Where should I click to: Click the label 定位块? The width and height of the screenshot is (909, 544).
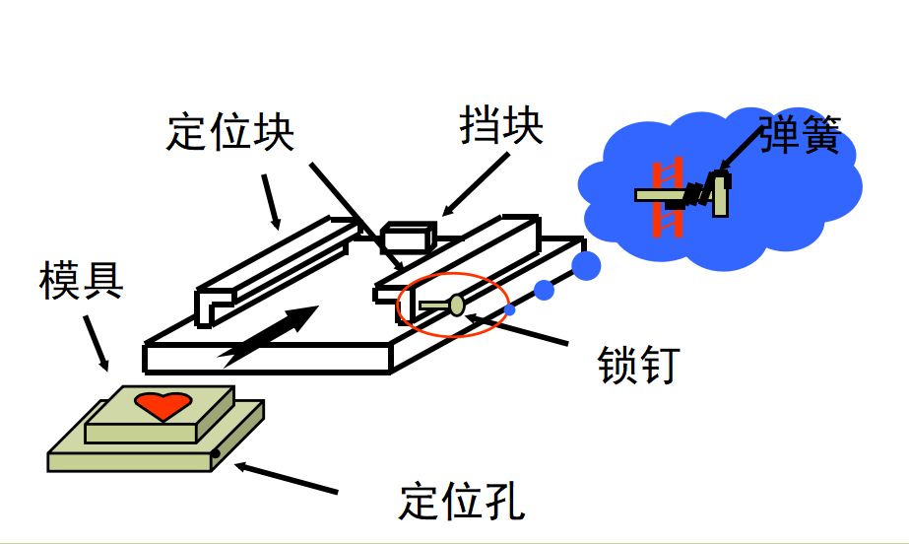[230, 132]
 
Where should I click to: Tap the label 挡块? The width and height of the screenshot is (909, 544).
[501, 125]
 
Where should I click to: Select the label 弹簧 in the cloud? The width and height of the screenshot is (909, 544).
[800, 134]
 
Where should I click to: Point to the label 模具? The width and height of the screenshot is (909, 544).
[81, 280]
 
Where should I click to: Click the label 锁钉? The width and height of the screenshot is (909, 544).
[638, 365]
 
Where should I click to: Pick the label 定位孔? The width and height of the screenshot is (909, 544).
[462, 501]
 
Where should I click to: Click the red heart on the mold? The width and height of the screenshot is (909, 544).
[162, 405]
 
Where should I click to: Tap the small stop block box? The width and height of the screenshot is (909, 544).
[408, 238]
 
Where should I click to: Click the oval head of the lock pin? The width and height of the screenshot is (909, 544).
[457, 306]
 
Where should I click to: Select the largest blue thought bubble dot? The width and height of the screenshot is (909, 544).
[586, 266]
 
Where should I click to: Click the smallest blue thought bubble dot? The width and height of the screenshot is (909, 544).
[509, 310]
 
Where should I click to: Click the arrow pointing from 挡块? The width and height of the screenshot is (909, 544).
[476, 185]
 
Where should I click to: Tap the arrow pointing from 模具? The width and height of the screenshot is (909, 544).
[96, 343]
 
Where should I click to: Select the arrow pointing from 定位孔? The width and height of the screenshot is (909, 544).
[286, 478]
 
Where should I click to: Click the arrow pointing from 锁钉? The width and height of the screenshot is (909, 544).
[516, 329]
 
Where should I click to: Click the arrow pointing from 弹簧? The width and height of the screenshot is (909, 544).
[740, 150]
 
